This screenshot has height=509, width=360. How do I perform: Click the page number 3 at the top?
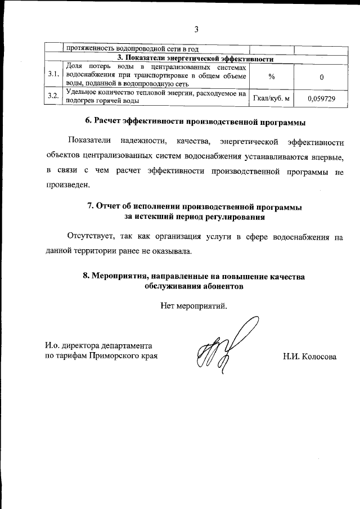point(196,29)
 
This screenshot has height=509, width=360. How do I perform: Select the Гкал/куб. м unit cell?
point(272,98)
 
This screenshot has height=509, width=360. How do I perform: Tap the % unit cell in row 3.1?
point(272,76)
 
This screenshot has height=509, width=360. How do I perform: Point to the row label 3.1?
point(53,74)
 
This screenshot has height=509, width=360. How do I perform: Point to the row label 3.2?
point(53,97)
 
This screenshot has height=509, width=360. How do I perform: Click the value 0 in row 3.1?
point(321,76)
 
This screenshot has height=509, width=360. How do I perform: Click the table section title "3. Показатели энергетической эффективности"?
point(195,58)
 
